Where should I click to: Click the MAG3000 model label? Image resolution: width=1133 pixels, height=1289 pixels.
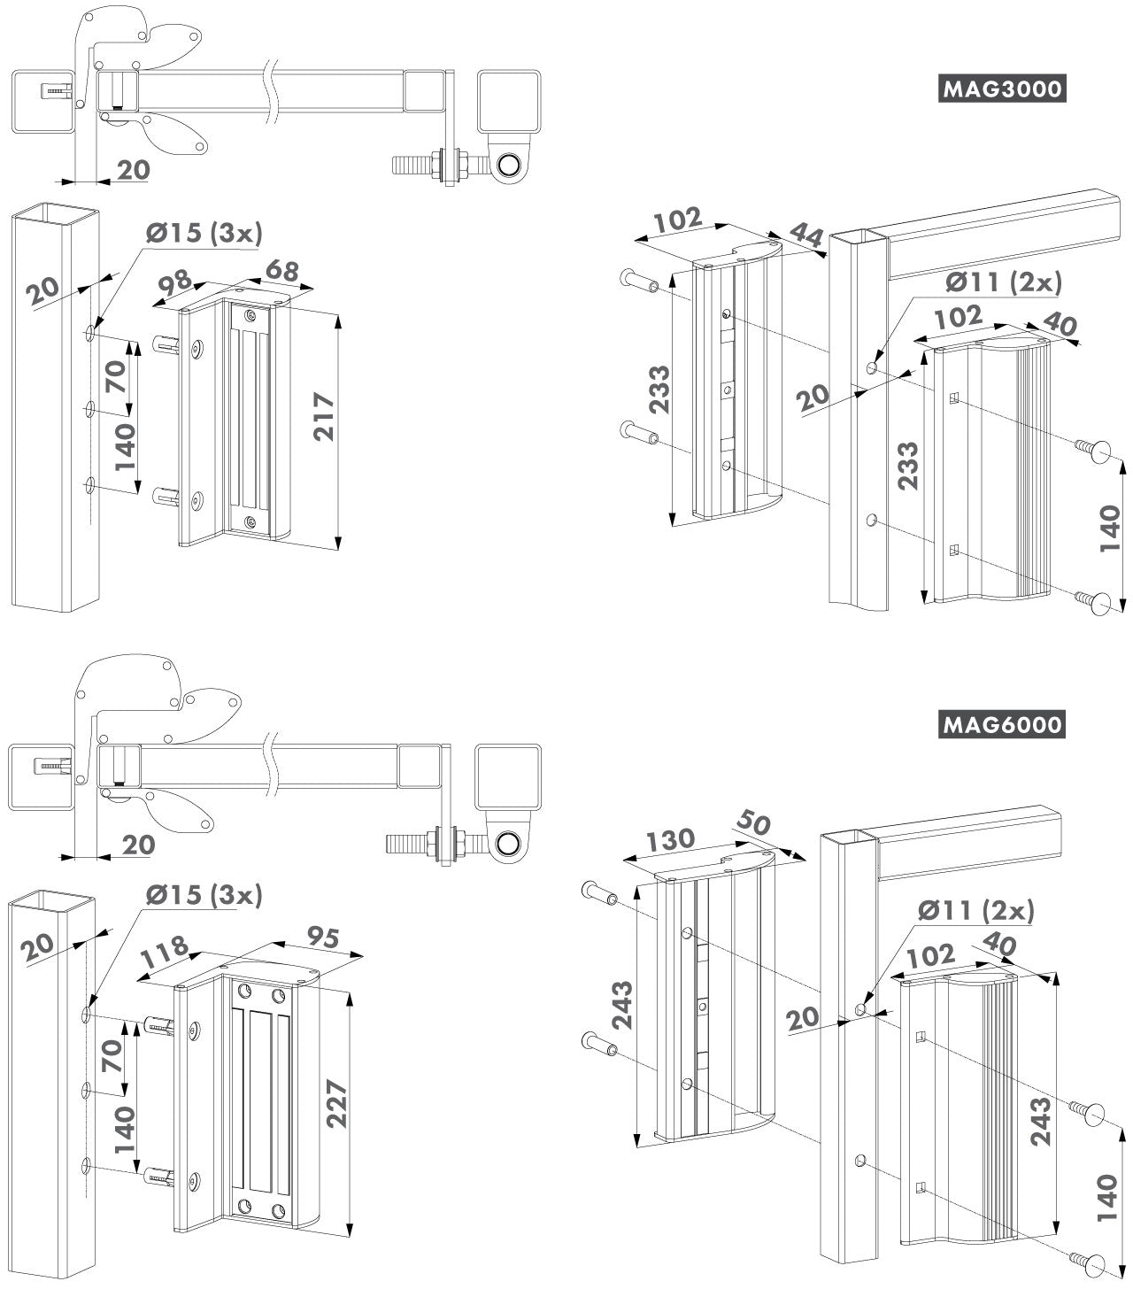(x=1000, y=89)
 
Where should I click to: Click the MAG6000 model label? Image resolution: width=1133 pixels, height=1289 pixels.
(x=1000, y=725)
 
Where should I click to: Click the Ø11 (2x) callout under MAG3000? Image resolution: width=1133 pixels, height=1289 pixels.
(x=1002, y=282)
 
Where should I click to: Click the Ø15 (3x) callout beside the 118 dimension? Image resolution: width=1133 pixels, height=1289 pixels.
(x=204, y=895)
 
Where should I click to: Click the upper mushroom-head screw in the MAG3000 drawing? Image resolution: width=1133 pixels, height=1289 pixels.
(x=1094, y=448)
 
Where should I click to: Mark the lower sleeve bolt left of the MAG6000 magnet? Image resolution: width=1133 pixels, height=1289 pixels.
(x=598, y=1046)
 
